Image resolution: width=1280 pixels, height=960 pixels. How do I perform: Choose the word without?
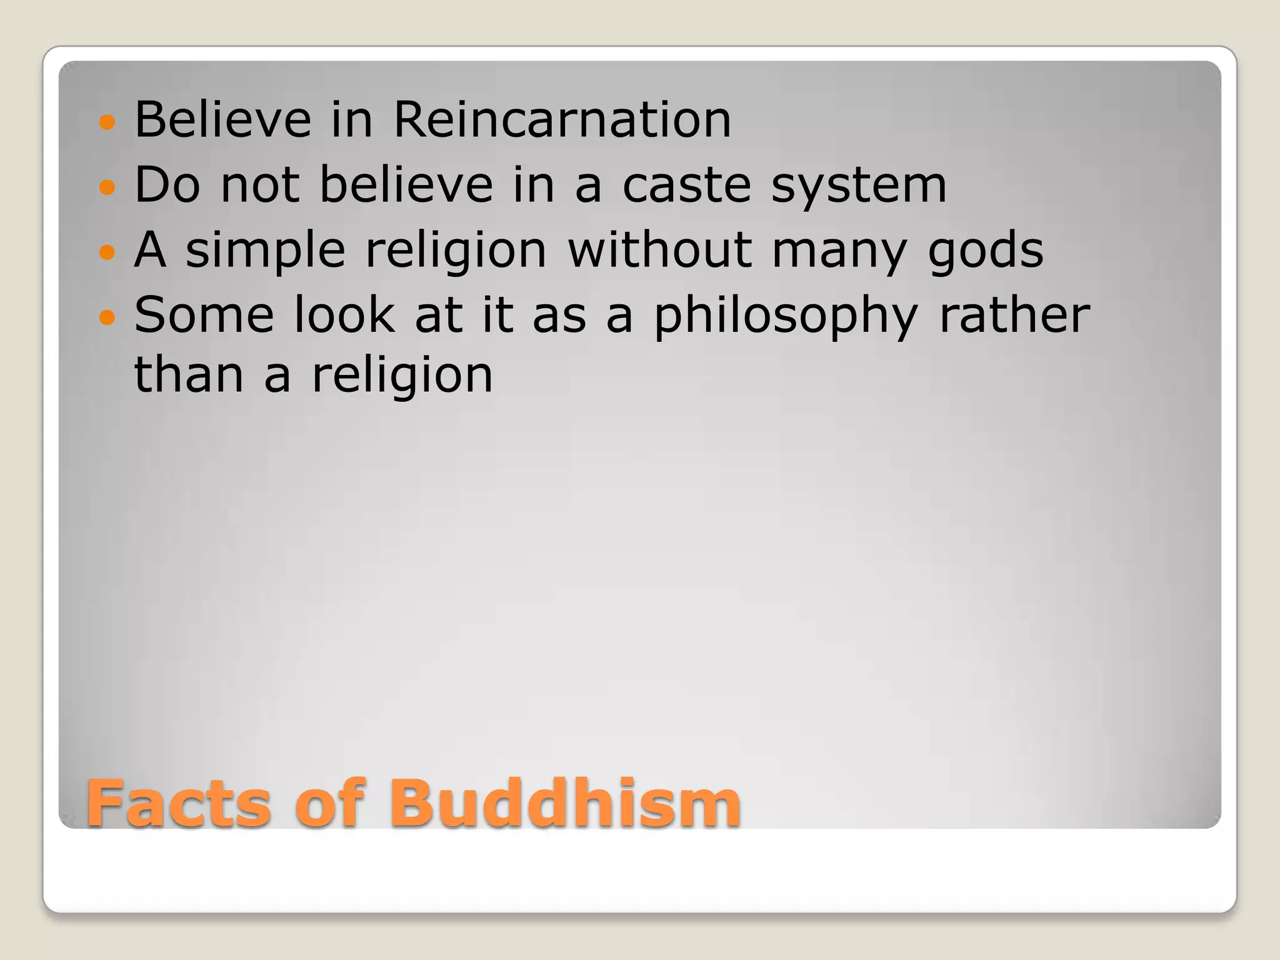[x=660, y=249]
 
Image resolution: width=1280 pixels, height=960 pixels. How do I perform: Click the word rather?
[x=1014, y=315]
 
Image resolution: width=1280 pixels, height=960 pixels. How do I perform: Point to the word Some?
[x=204, y=315]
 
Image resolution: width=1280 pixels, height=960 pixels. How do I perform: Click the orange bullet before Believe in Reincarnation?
[x=107, y=122]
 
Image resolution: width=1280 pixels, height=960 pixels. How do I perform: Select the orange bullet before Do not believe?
[x=107, y=187]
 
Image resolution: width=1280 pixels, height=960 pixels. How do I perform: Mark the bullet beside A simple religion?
[x=107, y=252]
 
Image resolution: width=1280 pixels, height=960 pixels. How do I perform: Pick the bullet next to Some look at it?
[x=107, y=317]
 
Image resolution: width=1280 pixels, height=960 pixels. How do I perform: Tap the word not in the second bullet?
[x=260, y=186]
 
